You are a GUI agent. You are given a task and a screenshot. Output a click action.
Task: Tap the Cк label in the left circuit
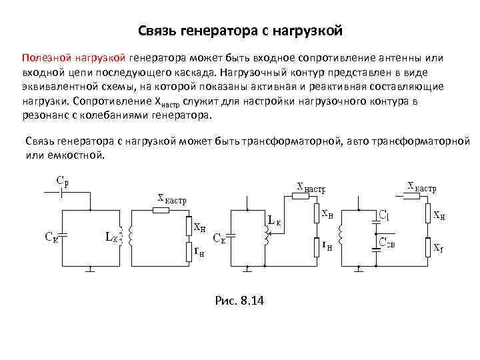point(51,236)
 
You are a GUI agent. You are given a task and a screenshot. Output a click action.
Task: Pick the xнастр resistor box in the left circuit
point(161,210)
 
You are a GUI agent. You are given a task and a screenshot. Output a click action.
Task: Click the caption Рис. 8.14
point(240,301)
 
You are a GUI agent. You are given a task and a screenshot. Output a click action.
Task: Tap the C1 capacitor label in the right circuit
point(385,215)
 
